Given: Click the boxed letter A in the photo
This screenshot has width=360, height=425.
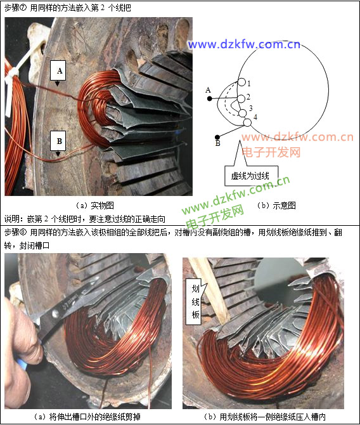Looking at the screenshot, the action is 58,70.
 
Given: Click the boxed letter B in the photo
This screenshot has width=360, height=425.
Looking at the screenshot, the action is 58,141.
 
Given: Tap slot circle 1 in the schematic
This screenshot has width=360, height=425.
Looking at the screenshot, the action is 241,82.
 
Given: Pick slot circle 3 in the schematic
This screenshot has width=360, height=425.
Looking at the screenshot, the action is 243,113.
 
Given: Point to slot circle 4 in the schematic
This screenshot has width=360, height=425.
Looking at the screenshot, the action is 247,122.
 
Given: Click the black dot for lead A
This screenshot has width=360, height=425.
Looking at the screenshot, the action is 209,99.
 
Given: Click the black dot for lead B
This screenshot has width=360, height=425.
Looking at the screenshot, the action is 217,138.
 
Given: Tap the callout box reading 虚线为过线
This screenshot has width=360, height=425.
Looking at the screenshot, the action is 251,176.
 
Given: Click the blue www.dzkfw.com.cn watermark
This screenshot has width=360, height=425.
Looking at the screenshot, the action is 244,44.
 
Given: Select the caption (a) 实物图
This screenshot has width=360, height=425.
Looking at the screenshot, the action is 94,206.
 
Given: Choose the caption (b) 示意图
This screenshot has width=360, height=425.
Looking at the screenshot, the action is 276,206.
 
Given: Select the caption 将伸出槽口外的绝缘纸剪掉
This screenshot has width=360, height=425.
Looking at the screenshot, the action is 95,417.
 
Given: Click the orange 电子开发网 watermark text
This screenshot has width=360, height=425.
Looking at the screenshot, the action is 271,152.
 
